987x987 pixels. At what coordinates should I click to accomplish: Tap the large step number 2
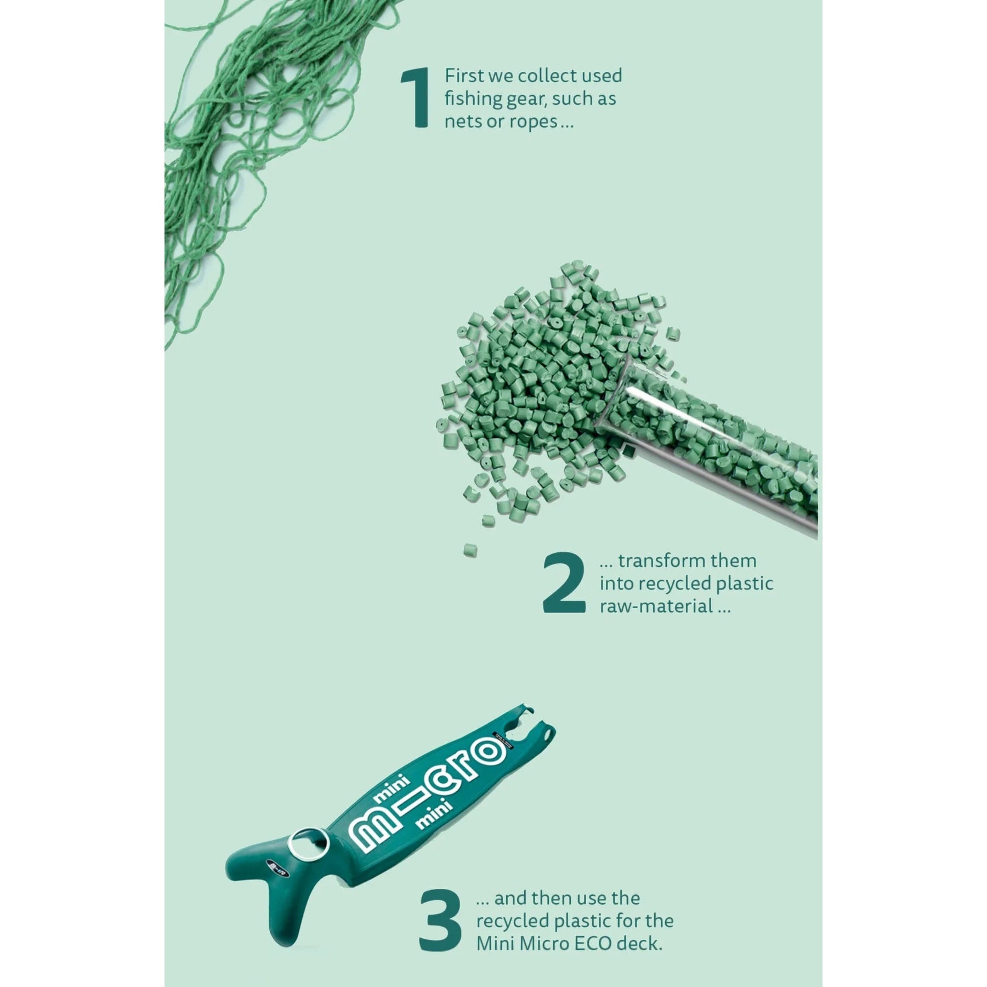pos(564,582)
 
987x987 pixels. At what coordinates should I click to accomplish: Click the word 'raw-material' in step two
pos(657,606)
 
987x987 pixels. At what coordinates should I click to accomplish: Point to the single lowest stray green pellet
pos(470,551)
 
